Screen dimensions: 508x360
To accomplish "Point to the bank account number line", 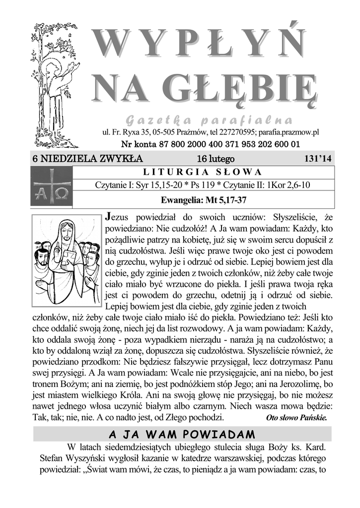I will [211, 144].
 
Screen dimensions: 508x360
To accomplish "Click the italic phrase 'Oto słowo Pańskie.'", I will [296, 417].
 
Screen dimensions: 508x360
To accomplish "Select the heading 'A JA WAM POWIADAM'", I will [182, 434].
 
